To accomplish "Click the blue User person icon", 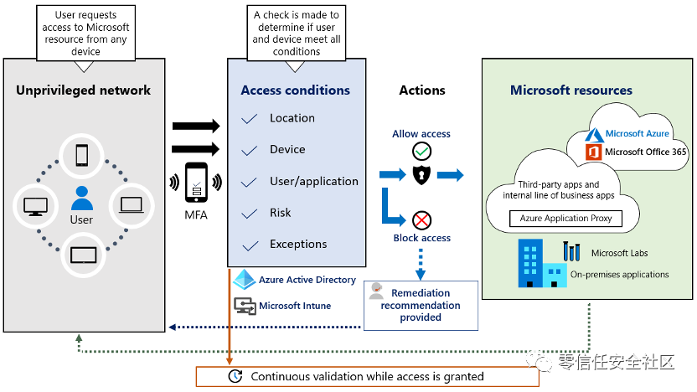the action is point(82,199).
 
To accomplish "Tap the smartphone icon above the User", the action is point(82,156).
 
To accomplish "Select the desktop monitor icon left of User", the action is point(35,207).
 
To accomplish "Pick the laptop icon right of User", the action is point(132,205).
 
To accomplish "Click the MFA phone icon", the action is point(197,183).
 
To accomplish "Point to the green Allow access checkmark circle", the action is point(421,151).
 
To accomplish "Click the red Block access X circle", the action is point(421,220).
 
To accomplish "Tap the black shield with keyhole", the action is point(421,175).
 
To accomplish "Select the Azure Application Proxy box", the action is point(565,219).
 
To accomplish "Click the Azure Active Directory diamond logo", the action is point(244,279).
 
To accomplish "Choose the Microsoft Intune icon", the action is point(245,307).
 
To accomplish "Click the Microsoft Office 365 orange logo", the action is point(593,152).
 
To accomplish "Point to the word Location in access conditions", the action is point(292,118).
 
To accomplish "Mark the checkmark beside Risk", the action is point(249,214).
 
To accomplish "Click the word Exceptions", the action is point(298,244).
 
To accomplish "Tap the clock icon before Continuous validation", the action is point(235,376).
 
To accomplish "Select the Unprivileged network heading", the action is point(83,90).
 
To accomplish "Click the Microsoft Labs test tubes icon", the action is point(571,251).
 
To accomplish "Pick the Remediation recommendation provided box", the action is point(421,306).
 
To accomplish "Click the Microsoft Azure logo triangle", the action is point(594,135).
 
